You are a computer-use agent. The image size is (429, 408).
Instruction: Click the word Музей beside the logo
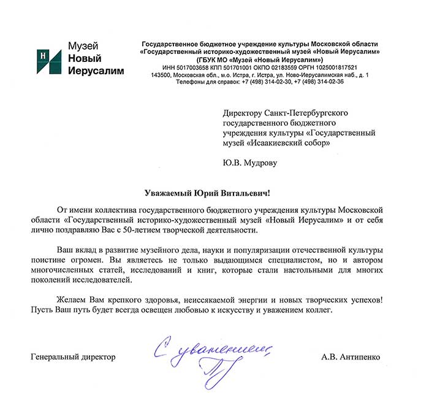coord(83,46)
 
